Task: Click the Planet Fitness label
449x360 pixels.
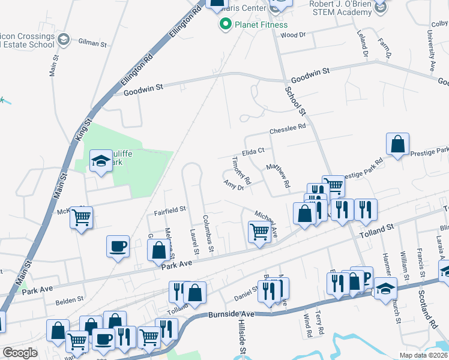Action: coord(261,25)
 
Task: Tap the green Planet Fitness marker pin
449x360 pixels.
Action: coord(226,25)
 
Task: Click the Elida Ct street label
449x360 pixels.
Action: coord(253,152)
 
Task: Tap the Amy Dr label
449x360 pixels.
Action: coord(234,185)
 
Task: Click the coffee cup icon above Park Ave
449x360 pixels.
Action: coord(118,245)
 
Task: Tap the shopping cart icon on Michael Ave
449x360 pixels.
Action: coord(259,230)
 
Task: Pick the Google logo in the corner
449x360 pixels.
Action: coord(20,353)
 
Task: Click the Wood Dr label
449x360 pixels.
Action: coord(293,35)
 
